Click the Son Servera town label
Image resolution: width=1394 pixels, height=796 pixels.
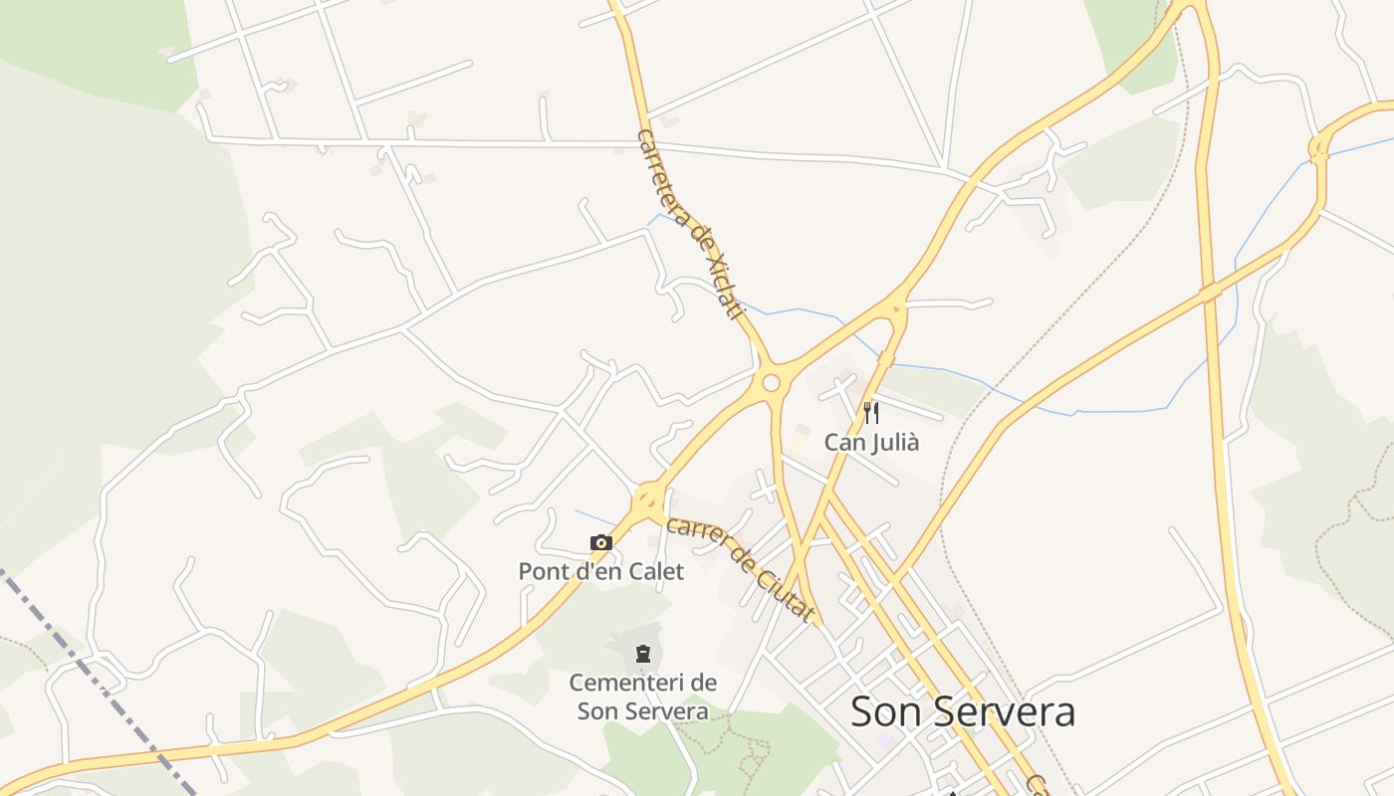[x=962, y=711]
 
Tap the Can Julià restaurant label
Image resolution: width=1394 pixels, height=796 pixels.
[x=871, y=442]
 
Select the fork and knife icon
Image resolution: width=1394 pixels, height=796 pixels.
[x=871, y=412]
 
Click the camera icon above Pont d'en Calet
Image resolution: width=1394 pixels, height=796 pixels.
[x=600, y=542]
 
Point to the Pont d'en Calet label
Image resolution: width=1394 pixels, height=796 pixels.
[x=600, y=571]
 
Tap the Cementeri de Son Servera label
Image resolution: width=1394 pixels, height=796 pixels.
[x=642, y=696]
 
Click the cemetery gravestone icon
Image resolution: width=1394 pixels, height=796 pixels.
[x=643, y=654]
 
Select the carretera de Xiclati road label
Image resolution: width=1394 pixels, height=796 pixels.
[x=690, y=225]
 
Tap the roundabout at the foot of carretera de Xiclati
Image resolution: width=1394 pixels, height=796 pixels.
[x=771, y=383]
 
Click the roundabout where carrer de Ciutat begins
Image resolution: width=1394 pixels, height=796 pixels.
[x=649, y=497]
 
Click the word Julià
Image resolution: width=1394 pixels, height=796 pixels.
[x=895, y=442]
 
